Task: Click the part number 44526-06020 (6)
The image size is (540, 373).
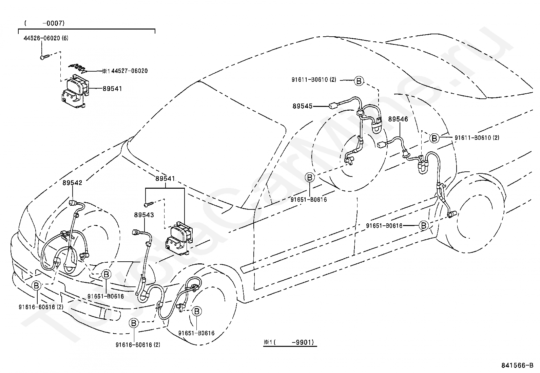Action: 46,38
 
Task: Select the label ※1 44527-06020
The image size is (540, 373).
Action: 125,71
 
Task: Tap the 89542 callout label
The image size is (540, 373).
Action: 72,183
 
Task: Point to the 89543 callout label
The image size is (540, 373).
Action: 144,215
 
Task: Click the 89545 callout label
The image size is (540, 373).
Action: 302,106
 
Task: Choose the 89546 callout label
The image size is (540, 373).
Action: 398,119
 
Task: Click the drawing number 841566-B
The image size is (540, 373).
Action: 517,366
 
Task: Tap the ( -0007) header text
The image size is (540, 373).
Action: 44,23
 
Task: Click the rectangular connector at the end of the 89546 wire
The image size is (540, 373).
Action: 381,145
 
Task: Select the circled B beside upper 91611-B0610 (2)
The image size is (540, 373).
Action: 359,81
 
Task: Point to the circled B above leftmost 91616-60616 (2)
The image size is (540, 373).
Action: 36,286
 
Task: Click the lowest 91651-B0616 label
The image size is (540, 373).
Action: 196,333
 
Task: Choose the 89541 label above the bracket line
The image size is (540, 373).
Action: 165,179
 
